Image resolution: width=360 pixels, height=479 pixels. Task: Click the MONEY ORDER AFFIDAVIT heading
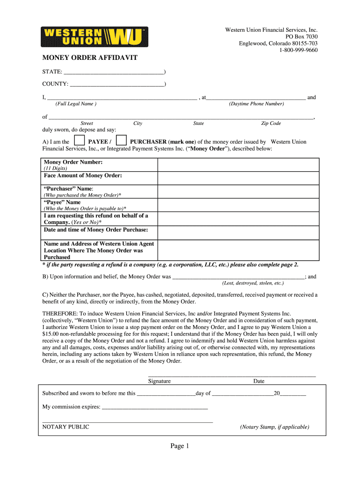90,58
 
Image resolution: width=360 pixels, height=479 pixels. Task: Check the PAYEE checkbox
79,141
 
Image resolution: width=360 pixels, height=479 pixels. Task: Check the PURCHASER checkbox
121,141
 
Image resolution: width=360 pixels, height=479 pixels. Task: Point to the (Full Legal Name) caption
76,104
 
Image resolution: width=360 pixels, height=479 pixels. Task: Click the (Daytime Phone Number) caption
256,104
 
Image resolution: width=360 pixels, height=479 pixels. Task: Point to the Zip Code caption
271,123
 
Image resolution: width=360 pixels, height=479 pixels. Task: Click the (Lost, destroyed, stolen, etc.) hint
253,283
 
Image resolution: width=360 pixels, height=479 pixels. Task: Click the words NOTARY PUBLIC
66,427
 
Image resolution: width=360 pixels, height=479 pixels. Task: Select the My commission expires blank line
155,407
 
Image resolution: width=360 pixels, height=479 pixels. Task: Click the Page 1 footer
180,446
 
